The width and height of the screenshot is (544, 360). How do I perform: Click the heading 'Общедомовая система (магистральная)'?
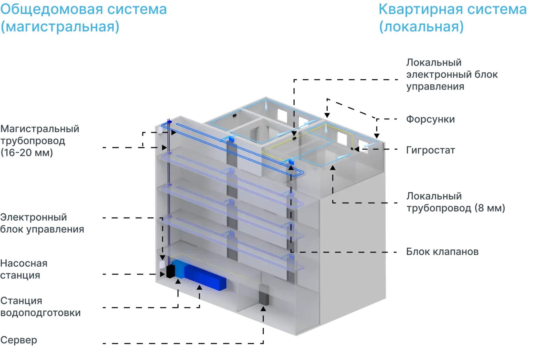click(x=84, y=18)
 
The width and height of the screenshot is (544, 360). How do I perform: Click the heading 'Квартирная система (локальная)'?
click(x=453, y=18)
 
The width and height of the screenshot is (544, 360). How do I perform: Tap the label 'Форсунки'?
click(x=430, y=119)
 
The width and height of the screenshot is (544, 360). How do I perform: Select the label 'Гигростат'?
click(x=431, y=150)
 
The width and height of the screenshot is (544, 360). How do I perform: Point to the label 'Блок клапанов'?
click(x=442, y=251)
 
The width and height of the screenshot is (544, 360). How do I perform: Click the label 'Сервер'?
click(x=19, y=340)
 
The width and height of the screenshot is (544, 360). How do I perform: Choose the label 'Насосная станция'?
click(x=24, y=269)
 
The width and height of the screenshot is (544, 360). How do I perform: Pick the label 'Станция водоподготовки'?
click(x=40, y=307)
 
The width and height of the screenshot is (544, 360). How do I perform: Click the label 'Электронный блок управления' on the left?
click(x=42, y=223)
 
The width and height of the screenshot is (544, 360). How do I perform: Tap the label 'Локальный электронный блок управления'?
click(x=452, y=75)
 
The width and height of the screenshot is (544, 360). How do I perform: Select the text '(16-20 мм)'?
click(x=27, y=153)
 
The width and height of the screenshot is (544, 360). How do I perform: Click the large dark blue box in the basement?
click(x=205, y=277)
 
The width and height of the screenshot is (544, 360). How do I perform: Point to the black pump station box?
click(x=170, y=271)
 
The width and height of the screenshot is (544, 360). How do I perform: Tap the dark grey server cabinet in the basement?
click(x=264, y=295)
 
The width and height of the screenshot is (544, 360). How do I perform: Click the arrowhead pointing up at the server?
click(x=263, y=309)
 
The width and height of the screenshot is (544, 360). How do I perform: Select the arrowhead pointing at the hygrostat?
click(x=357, y=149)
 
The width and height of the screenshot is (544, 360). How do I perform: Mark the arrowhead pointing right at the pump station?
click(x=163, y=274)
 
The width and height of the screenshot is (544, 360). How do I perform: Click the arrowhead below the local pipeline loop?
click(x=333, y=168)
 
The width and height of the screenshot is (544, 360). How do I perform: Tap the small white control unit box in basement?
click(x=162, y=265)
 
